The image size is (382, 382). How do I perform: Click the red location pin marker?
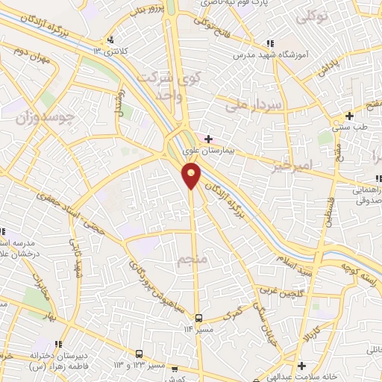pos(192,175)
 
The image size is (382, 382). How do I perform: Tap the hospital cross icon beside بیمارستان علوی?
pos(208,138)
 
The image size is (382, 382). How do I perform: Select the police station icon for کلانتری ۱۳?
pos(110,40)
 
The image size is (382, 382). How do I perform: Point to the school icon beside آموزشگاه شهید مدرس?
pos(270,45)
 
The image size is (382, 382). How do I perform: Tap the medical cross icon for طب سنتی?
pos(349,116)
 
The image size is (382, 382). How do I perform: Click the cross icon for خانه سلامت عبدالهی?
pos(301,366)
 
